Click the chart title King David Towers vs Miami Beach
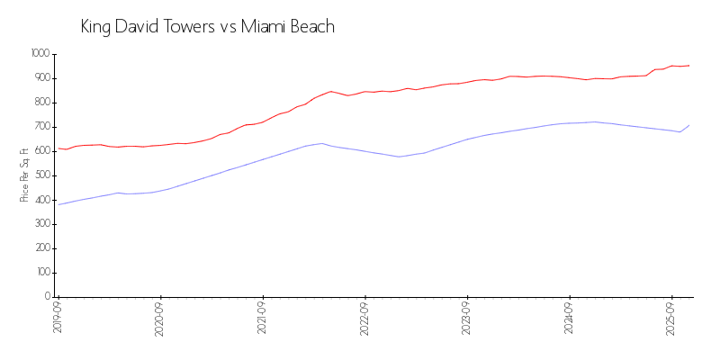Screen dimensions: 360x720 pyautogui.click(x=207, y=27)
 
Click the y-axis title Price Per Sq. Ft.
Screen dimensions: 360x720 pyautogui.click(x=24, y=175)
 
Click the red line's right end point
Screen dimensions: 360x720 pyautogui.click(x=689, y=65)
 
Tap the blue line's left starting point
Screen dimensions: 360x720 pyautogui.click(x=58, y=204)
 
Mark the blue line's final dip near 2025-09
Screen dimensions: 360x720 pyautogui.click(x=679, y=131)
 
